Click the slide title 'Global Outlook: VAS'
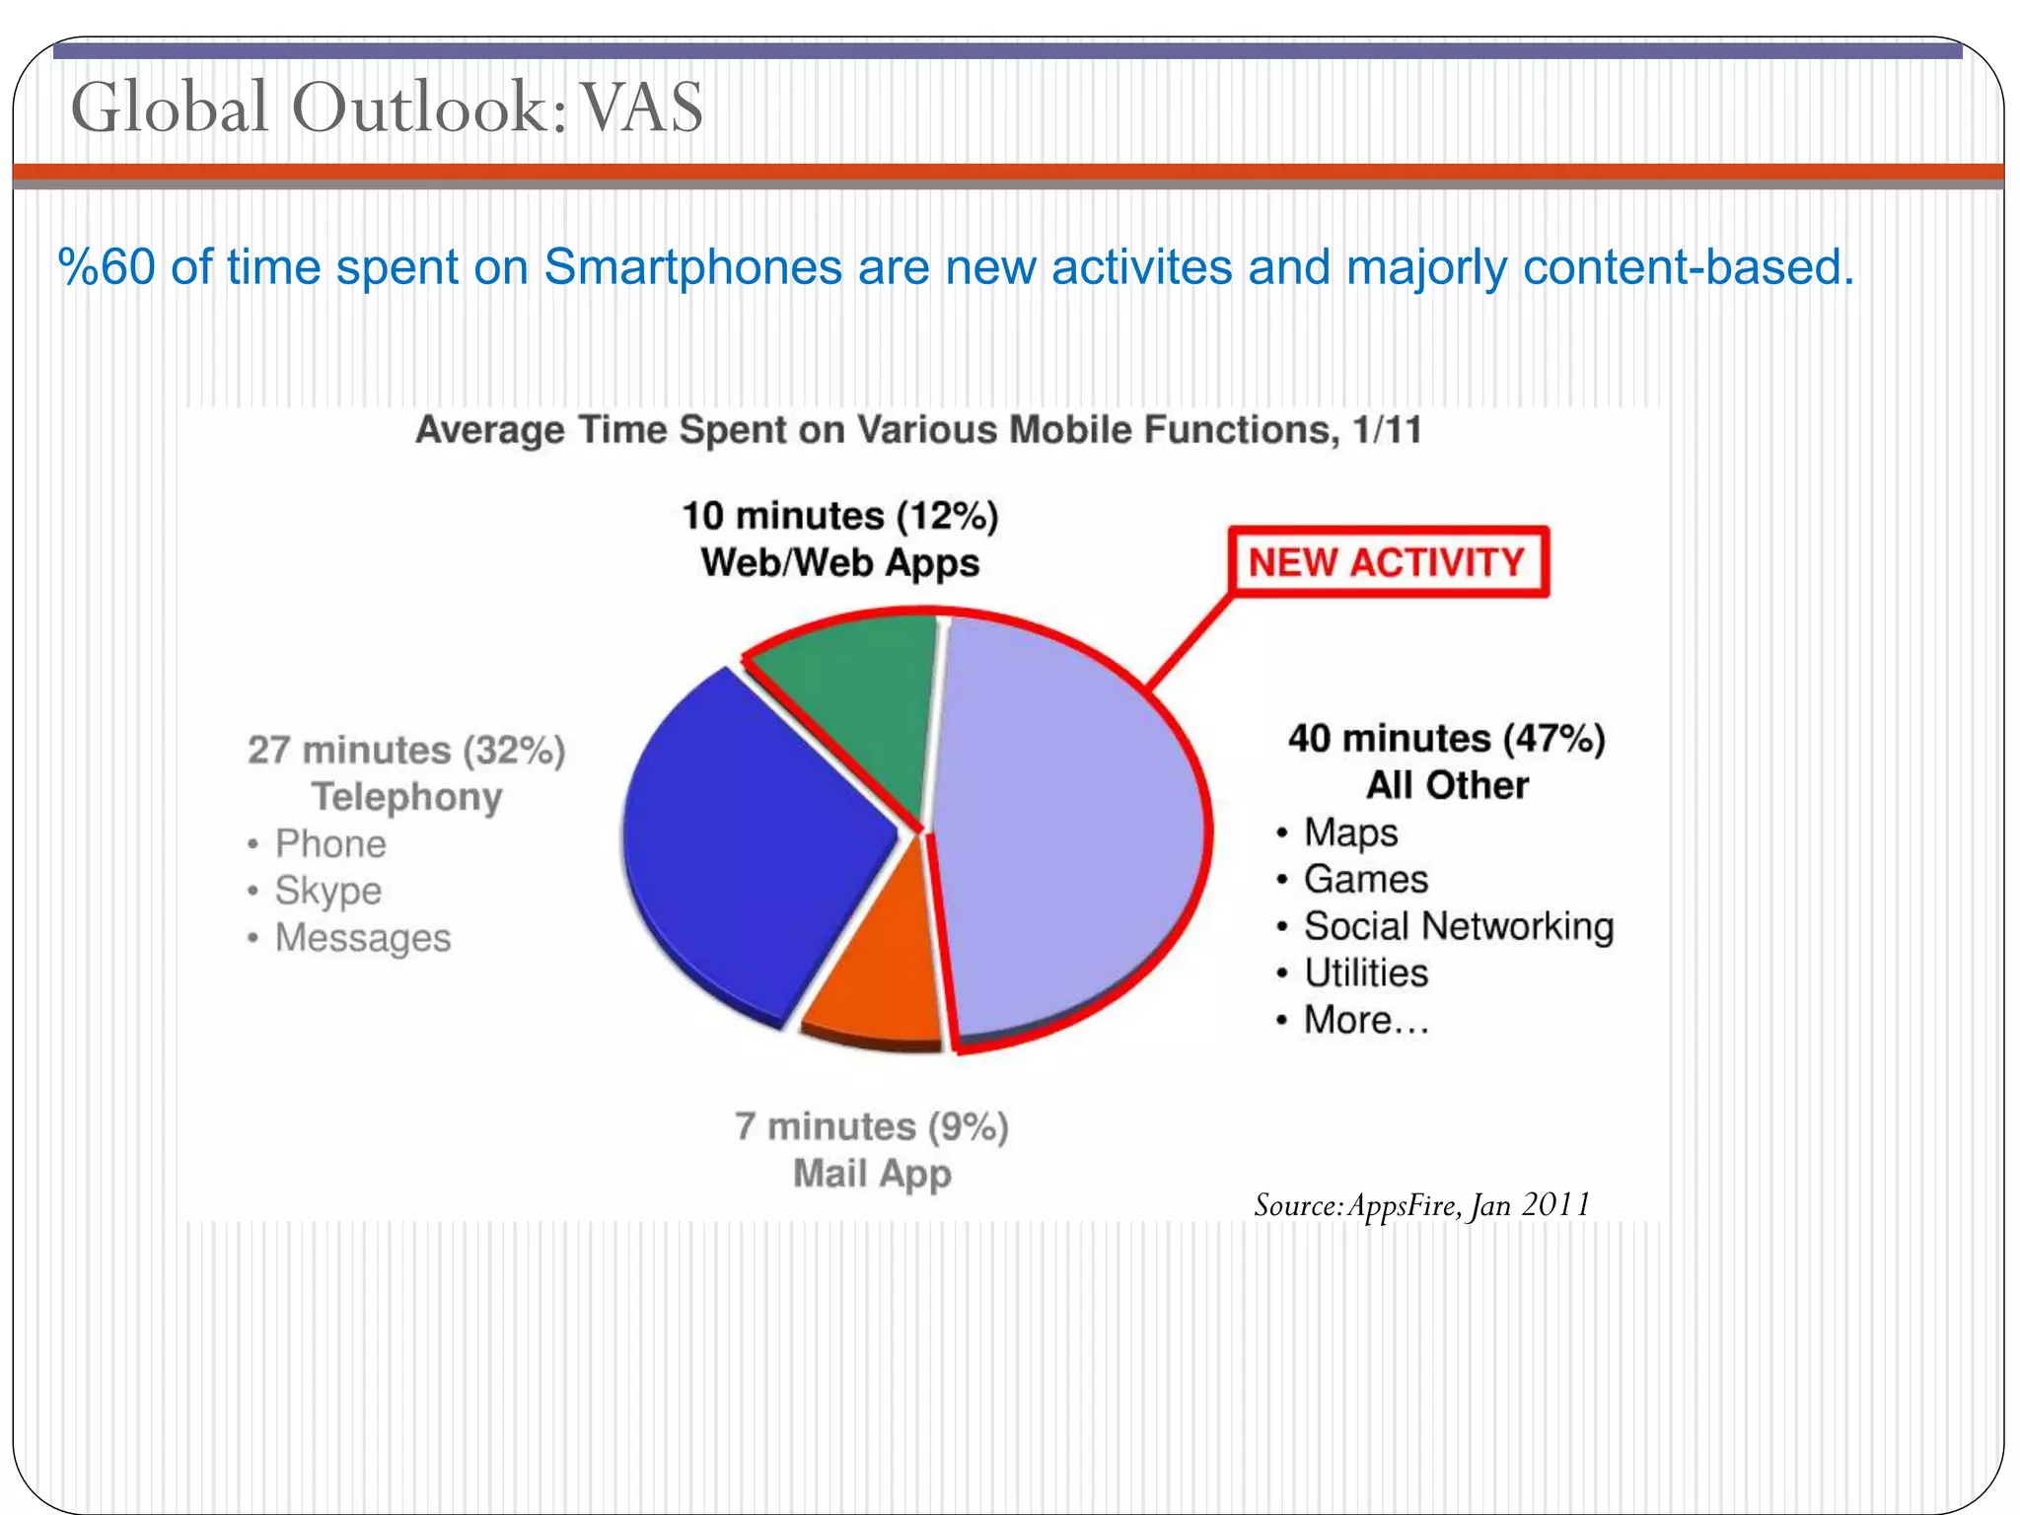point(387,107)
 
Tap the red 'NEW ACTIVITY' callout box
point(1388,562)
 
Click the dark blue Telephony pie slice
point(750,838)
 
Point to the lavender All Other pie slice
point(1065,829)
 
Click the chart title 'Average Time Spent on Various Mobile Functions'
point(917,431)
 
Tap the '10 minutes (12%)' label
point(840,516)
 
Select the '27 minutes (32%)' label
point(406,751)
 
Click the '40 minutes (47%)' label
point(1447,739)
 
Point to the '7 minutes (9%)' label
point(872,1126)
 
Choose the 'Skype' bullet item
point(327,891)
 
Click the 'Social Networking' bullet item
point(1458,926)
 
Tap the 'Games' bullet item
point(1365,879)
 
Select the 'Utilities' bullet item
point(1366,974)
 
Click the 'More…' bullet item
point(1366,1020)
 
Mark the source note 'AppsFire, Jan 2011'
point(1420,1205)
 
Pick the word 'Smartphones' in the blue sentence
point(692,267)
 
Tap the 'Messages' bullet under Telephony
point(362,938)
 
